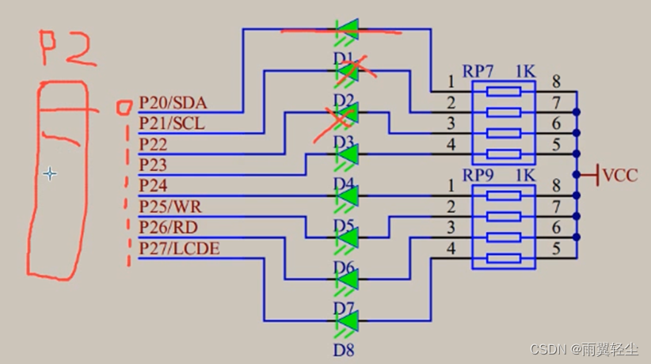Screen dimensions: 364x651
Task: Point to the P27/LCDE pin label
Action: coord(179,249)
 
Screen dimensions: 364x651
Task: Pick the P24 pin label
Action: coord(154,186)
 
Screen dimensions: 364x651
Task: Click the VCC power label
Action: coord(620,176)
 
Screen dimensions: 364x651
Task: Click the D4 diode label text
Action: coord(342,184)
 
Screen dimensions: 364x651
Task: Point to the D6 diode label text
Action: coord(342,265)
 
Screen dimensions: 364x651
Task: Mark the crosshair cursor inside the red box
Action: coord(50,173)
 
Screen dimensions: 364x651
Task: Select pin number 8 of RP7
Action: coord(556,81)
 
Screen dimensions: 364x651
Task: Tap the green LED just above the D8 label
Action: coord(347,320)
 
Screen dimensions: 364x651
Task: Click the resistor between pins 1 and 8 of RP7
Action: coord(503,92)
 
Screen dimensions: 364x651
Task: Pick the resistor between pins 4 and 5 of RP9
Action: coord(503,258)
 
